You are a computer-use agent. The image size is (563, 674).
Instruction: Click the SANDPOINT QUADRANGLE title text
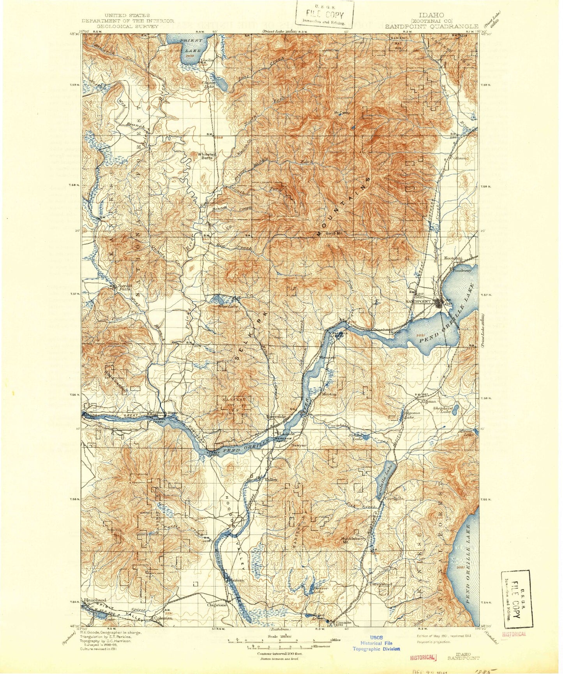pyautogui.click(x=432, y=26)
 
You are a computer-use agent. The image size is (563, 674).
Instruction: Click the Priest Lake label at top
pyautogui.click(x=191, y=45)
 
